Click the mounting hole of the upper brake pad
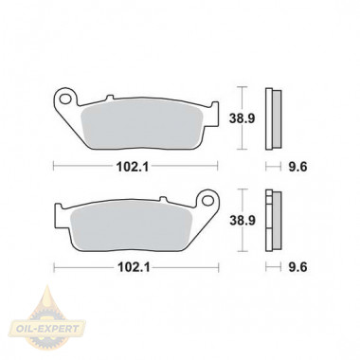tap(65, 99)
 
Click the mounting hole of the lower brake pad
tap(207, 200)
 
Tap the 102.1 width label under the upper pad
tap(133, 167)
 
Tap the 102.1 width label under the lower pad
tap(134, 267)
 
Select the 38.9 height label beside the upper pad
tap(242, 118)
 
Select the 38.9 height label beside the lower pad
tap(243, 221)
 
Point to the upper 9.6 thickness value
tap(297, 167)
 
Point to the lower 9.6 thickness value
tap(297, 267)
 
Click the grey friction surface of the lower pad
tap(131, 225)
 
